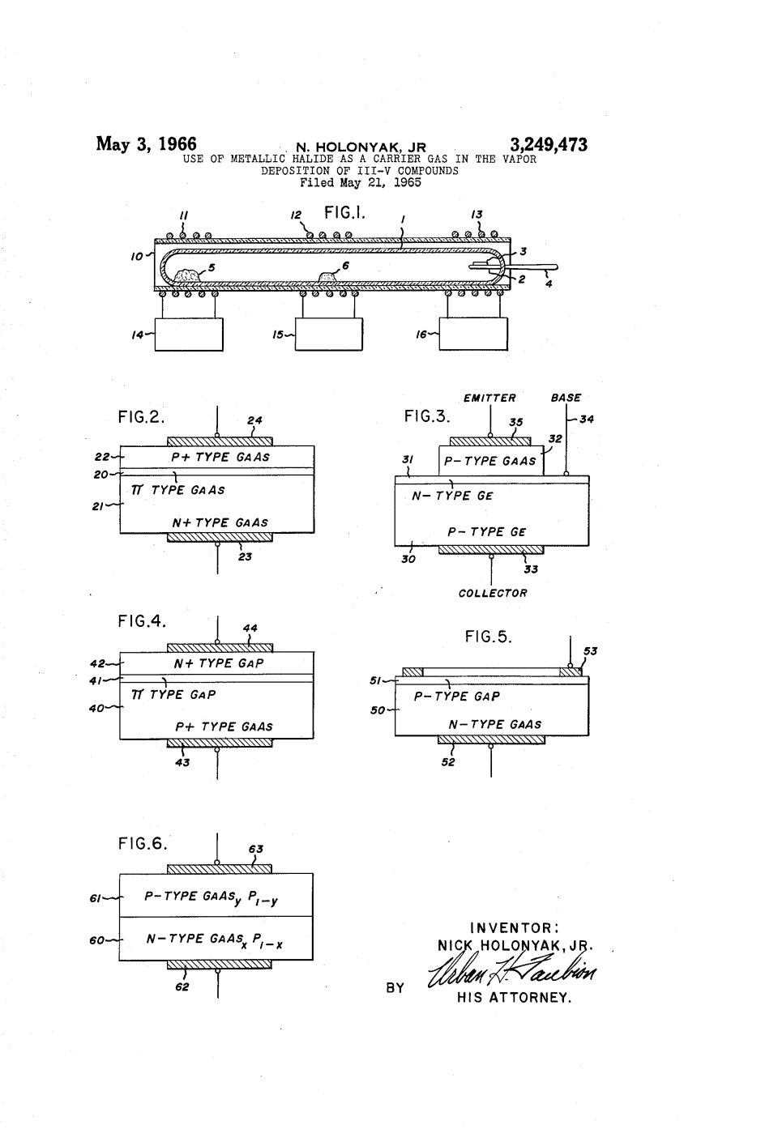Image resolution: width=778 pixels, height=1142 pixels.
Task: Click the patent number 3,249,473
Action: click(x=549, y=145)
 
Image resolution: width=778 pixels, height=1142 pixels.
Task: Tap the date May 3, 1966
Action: click(x=147, y=144)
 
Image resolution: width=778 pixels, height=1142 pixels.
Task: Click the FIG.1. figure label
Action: click(x=345, y=212)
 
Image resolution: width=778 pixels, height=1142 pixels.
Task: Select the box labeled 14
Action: click(x=189, y=335)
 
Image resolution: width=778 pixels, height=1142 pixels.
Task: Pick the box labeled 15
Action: click(x=329, y=335)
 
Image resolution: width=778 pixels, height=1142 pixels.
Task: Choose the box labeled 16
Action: click(x=473, y=334)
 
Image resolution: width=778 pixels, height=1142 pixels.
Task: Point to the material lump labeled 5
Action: click(x=188, y=276)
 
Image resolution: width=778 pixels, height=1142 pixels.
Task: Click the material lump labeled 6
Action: click(x=328, y=277)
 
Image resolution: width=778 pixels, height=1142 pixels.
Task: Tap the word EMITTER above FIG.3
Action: click(x=489, y=398)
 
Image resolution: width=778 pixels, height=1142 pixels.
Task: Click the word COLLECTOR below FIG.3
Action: click(x=493, y=593)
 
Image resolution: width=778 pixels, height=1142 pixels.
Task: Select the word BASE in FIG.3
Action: click(x=566, y=398)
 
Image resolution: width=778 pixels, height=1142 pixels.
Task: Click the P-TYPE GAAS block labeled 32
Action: click(x=491, y=460)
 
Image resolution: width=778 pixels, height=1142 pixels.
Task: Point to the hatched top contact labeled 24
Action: click(x=220, y=441)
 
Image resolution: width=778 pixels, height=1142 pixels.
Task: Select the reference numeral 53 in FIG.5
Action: click(x=590, y=651)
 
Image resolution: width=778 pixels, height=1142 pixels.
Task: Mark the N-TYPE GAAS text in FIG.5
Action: click(x=495, y=724)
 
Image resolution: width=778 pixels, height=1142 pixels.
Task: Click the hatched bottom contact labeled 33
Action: click(x=491, y=550)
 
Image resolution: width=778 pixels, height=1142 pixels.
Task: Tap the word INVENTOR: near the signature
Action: click(x=515, y=927)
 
